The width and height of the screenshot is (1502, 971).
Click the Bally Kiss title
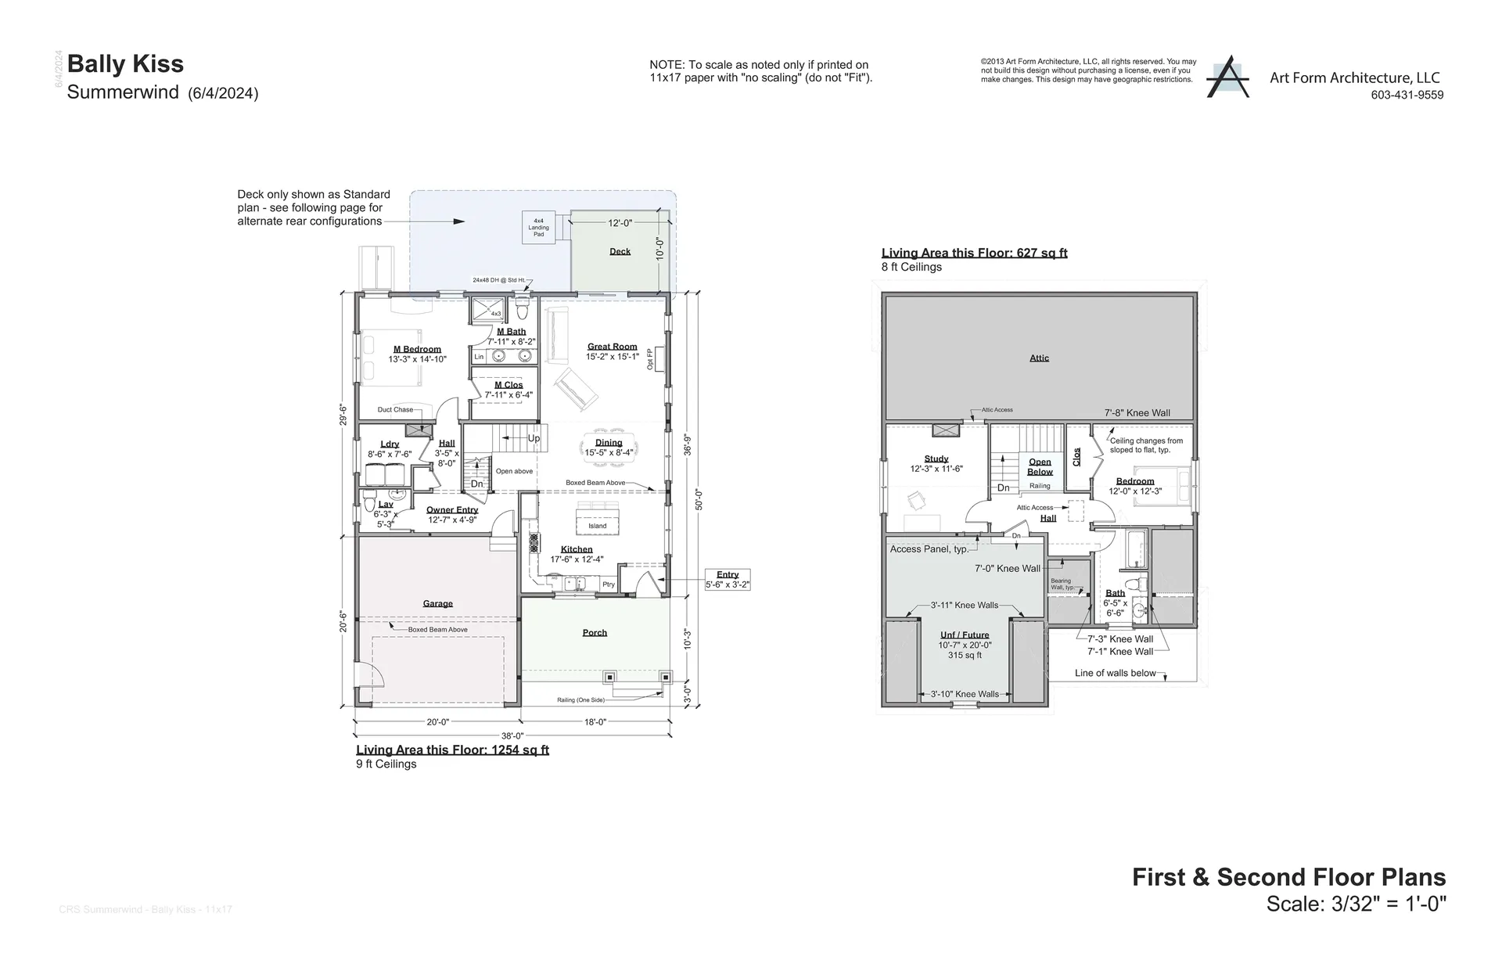(125, 64)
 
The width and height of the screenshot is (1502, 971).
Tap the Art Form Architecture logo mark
(1227, 77)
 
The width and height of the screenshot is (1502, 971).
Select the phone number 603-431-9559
(1407, 95)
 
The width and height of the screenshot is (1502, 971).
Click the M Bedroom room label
(417, 350)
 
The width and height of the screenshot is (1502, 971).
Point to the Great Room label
(612, 347)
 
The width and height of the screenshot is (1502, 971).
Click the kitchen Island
(598, 522)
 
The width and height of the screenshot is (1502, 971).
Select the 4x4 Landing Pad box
(538, 227)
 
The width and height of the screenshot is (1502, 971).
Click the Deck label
(620, 252)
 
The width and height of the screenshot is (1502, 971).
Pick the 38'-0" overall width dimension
(512, 735)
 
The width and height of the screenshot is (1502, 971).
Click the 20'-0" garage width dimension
(437, 722)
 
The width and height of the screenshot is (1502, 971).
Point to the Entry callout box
(727, 579)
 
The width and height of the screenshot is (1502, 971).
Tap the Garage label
(437, 603)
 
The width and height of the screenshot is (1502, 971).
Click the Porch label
(595, 632)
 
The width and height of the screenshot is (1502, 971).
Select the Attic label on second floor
(1039, 358)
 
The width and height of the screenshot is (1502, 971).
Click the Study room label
(936, 459)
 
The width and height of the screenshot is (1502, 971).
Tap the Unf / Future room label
(965, 635)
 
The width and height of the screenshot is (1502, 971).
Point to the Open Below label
(1040, 466)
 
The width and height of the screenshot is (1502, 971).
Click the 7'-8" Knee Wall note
(1137, 412)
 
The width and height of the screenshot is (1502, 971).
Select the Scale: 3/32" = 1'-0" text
(1356, 904)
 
